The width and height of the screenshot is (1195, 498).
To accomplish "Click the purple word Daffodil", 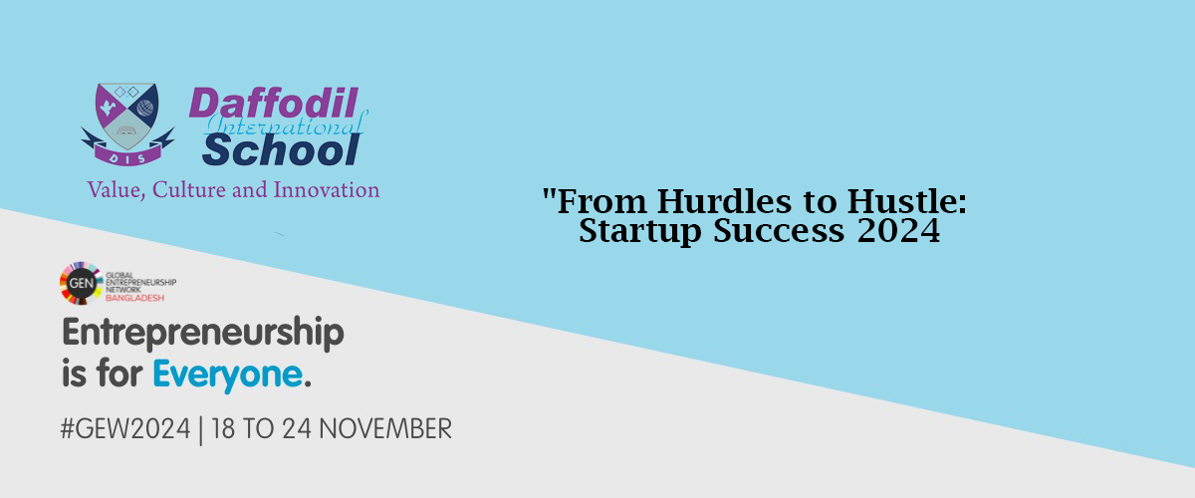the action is tap(273, 103).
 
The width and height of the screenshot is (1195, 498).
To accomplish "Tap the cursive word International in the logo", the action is tap(287, 124).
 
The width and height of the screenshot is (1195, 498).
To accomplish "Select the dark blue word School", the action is tap(282, 150).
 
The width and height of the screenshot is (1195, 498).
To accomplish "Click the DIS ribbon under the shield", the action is tap(127, 156).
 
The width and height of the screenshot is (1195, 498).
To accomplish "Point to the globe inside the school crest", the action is tap(144, 108).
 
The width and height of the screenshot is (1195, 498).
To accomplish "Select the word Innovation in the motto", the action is tap(326, 190).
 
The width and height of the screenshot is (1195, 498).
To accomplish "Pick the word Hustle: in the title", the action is tap(907, 202).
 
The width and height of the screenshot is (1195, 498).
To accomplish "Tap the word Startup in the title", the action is tap(639, 232).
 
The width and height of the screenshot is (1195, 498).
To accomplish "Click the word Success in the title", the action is tap(779, 231).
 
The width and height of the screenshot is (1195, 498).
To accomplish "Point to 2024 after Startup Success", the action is tap(898, 231).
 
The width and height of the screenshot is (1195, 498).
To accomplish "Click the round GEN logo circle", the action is tap(81, 283).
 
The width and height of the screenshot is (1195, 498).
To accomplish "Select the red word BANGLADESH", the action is tap(135, 298).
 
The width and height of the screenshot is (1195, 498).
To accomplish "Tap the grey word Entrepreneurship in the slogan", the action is tap(203, 333).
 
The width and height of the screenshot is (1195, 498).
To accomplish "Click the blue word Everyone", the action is tap(228, 375).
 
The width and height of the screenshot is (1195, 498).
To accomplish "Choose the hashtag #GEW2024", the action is tap(125, 428).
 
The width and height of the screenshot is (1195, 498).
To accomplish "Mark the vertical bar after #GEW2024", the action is tap(200, 430).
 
